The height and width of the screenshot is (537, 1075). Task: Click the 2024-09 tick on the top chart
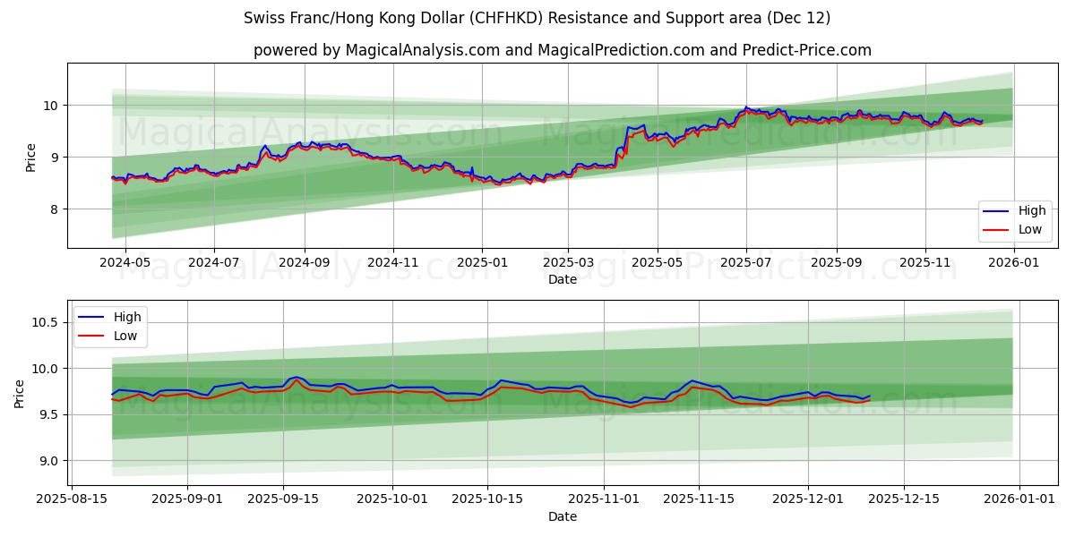point(304,262)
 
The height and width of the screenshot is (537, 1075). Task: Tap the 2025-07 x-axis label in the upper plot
point(746,262)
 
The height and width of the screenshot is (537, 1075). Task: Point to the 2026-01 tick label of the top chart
point(1014,262)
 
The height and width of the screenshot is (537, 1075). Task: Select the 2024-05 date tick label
point(125,262)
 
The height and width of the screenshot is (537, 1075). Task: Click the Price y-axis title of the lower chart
point(20,393)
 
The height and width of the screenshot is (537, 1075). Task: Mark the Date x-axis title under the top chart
point(563,279)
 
